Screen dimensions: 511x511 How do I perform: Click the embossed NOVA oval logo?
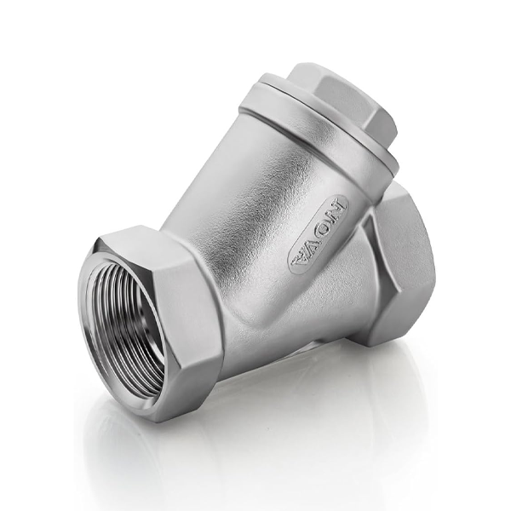(x=319, y=236)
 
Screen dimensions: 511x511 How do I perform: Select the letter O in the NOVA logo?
(x=327, y=225)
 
